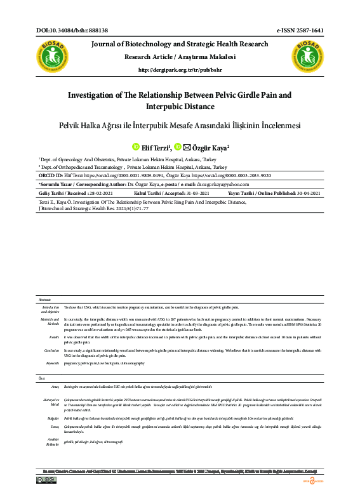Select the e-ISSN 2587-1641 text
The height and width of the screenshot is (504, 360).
coord(300,30)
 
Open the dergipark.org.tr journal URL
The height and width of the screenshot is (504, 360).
coord(180,70)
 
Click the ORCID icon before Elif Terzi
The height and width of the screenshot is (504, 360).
coord(135,147)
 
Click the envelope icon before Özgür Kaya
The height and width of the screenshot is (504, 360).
coord(187,147)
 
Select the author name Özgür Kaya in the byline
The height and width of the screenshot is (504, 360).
coord(210,147)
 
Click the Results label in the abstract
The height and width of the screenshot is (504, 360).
coord(54,337)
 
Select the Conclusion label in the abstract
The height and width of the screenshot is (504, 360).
coord(52,350)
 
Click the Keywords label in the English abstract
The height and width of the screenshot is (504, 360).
coord(53,362)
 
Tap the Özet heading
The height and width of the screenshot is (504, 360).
coord(43,378)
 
